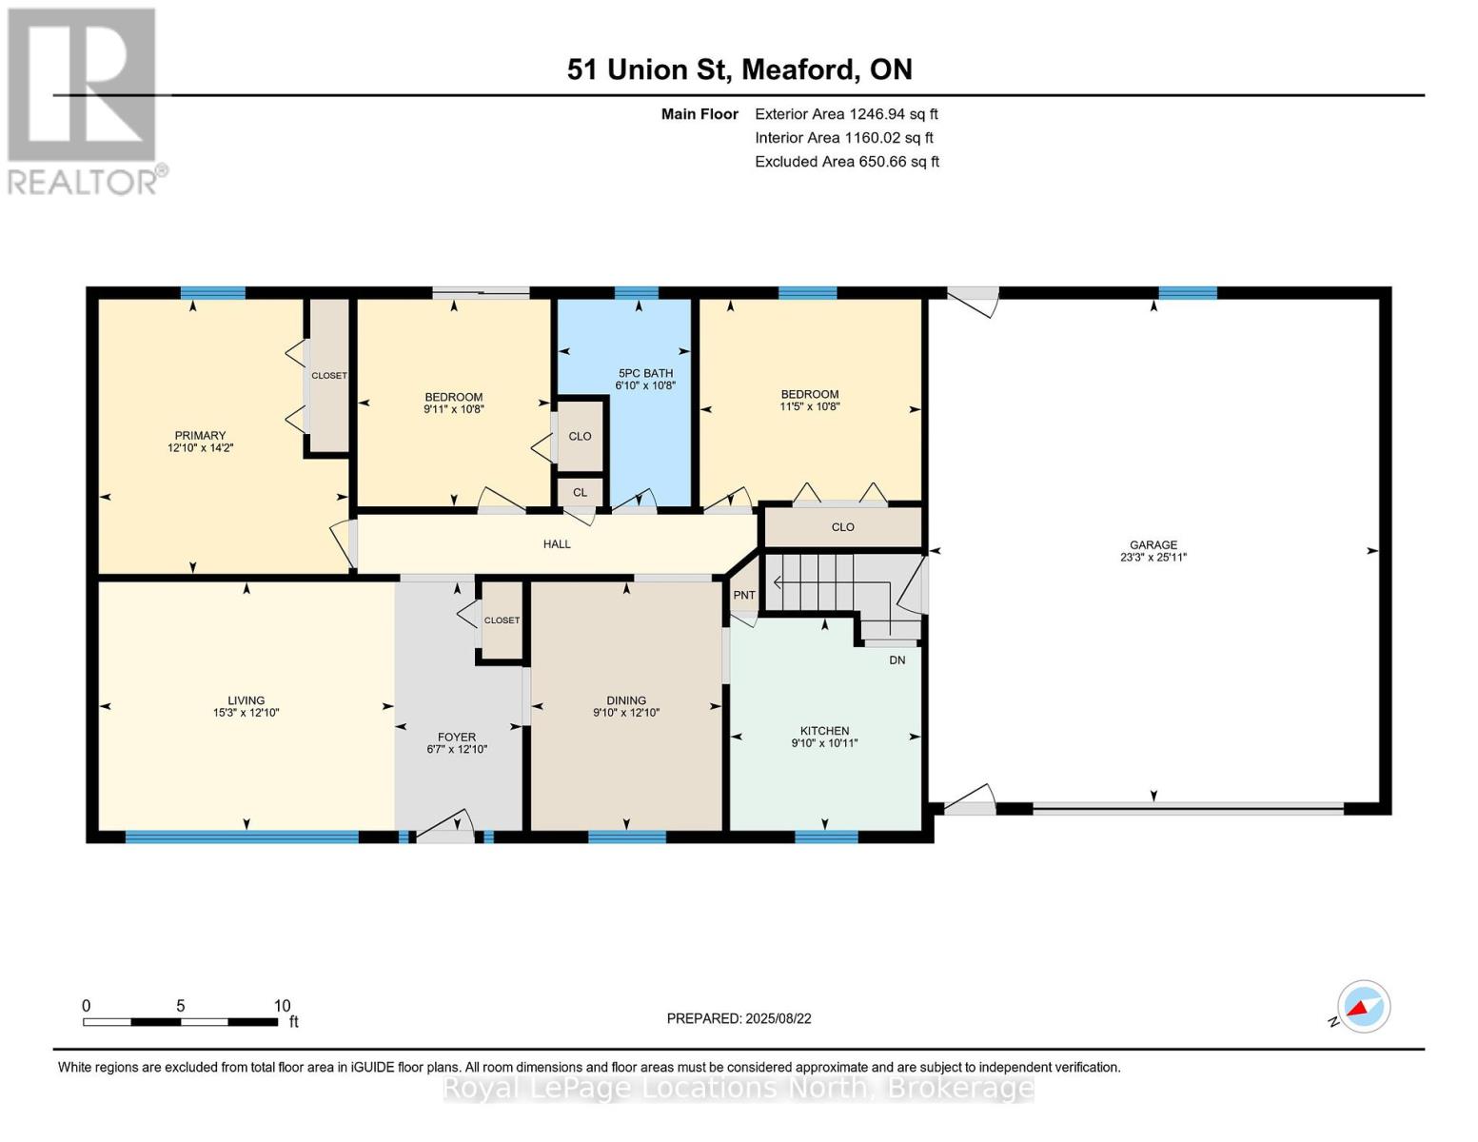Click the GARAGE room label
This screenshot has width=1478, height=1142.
coord(1153,544)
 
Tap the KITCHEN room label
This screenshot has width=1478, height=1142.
coord(824,731)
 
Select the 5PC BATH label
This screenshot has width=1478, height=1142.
coord(645,373)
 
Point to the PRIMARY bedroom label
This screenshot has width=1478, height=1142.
coord(200,435)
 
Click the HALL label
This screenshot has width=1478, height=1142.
coord(557,544)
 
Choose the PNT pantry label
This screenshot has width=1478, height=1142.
coord(744,595)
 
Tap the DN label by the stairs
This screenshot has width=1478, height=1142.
coord(897,660)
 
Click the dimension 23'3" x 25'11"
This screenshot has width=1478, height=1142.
coord(1153,557)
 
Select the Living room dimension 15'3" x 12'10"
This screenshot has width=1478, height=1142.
coord(246,713)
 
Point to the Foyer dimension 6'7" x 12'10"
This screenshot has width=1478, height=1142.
coord(457,750)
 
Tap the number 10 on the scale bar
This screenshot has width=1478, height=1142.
coord(283,1006)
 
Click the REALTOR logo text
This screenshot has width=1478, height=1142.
coord(83,182)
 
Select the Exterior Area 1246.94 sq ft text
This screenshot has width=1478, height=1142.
coord(846,114)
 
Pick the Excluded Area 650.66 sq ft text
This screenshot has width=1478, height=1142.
coord(847,162)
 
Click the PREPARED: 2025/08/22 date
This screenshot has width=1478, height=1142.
coord(739,1019)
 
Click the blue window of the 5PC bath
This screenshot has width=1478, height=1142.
coord(637,293)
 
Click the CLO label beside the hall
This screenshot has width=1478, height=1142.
coord(842,527)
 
